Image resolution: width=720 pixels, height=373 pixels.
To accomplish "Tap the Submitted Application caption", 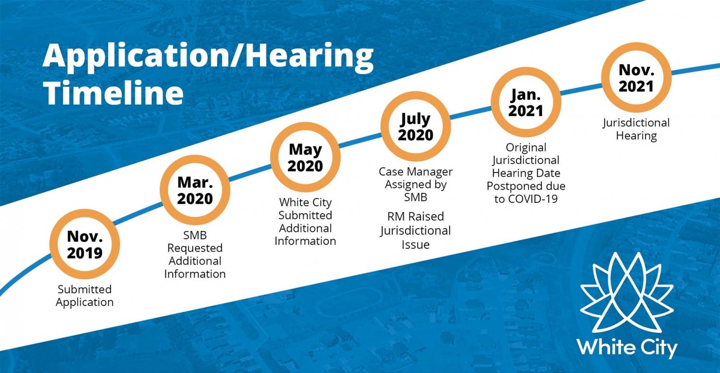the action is (x=84, y=296).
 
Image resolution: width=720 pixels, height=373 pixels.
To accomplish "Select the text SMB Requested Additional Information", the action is (x=195, y=255).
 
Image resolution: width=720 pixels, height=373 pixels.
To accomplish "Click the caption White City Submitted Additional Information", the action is (x=305, y=221).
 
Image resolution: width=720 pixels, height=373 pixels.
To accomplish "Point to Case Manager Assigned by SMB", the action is (x=416, y=184).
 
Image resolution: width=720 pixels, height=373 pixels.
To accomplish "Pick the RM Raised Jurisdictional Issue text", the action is (x=416, y=231).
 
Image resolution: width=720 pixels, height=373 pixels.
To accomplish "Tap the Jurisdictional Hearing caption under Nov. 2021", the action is (x=636, y=129).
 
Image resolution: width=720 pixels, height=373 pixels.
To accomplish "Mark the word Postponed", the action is (x=512, y=186).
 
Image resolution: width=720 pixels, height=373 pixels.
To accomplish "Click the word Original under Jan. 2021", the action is (x=526, y=147).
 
